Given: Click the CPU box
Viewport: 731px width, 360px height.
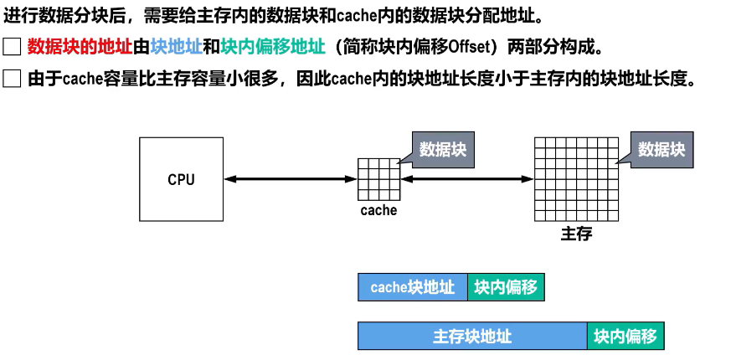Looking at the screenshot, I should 181,179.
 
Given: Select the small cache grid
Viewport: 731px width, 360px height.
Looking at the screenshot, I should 378,178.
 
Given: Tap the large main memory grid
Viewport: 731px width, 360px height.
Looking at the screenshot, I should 575,179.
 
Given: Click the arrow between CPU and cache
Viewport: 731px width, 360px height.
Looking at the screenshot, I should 291,178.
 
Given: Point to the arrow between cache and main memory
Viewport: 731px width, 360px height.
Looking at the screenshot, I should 467,178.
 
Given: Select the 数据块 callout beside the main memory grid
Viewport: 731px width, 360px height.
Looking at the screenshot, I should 661,150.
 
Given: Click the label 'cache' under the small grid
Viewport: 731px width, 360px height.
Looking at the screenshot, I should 378,210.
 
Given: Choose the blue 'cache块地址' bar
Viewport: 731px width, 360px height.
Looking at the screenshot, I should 413,287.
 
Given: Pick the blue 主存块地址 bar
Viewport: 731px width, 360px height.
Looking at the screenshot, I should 472,337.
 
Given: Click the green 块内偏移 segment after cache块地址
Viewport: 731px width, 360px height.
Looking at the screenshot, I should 506,287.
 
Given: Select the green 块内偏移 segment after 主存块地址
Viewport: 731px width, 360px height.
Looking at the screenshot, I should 625,337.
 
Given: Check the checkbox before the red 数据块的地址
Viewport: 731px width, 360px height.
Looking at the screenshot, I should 12,47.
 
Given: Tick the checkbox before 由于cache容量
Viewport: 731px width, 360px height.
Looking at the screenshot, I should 12,80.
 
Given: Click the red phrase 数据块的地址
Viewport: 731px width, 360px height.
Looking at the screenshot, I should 80,47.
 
